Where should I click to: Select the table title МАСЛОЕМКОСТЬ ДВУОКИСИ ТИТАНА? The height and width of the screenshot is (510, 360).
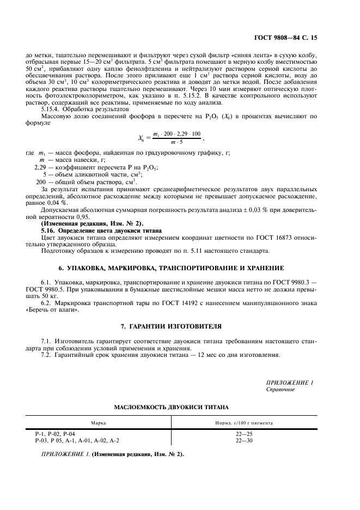pos(171,407)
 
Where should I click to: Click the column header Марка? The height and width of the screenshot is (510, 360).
pos(99,422)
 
